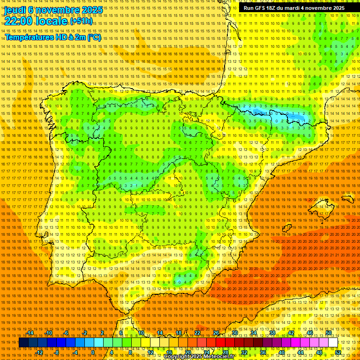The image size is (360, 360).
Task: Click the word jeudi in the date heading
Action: (x=15, y=9)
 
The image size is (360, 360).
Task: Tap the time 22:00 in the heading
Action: (x=19, y=21)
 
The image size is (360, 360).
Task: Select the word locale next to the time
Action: (x=52, y=21)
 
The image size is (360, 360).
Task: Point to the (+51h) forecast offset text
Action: (x=82, y=21)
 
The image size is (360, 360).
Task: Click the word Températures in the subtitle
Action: (x=29, y=37)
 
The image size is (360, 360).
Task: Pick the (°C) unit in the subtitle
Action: (x=94, y=37)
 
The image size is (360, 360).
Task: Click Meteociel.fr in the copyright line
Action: (x=221, y=356)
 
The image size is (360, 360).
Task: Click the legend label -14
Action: (x=30, y=333)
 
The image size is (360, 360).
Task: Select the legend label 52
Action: (x=338, y=352)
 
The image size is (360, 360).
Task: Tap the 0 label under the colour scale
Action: (x=93, y=352)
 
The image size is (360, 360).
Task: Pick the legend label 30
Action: (x=235, y=333)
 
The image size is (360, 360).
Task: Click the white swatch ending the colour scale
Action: (x=333, y=343)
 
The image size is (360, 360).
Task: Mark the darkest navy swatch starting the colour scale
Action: (x=23, y=343)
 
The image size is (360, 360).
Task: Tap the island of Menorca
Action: (x=347, y=198)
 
